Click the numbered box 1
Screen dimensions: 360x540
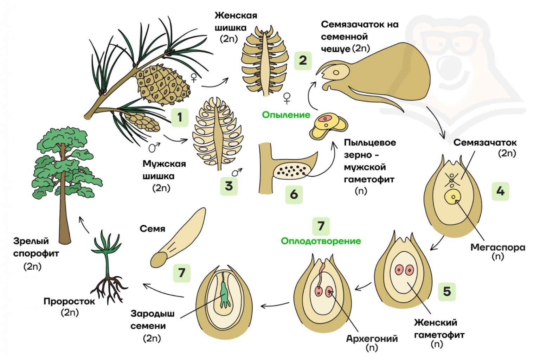coord(180,117)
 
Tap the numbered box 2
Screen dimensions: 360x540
coord(303,60)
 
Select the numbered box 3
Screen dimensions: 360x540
coord(229,186)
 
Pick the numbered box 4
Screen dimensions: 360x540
coord(500,191)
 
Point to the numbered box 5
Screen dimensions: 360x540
coord(446,291)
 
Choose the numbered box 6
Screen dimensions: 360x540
coord(294,194)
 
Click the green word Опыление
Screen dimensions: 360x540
coord(286,115)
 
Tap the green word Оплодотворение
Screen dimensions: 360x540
coord(321,241)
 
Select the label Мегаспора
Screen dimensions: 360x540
coord(497,247)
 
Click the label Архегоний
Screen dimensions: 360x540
coord(372,339)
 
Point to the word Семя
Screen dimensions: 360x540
coord(152,229)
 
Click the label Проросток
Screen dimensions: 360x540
coord(69,301)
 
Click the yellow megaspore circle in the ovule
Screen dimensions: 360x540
coord(453,197)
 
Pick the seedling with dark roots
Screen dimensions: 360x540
coord(108,267)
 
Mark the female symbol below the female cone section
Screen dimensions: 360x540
coord(287,98)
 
